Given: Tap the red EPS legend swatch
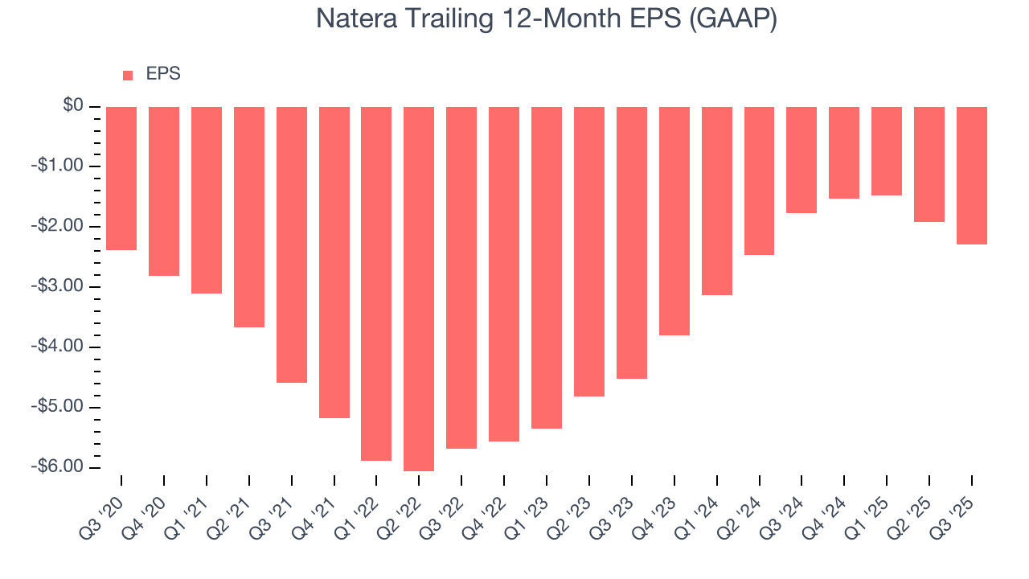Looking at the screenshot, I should coord(128,75).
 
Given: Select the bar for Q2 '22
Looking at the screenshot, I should coord(419,289).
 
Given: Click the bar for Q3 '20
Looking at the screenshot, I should coord(121,179).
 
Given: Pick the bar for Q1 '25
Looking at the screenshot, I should coord(887,151).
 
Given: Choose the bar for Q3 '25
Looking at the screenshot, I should coord(972,175).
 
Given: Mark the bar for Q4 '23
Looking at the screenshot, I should coord(674,221).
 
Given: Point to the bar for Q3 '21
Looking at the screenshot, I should coord(292,244).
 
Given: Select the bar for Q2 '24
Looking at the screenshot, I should coord(759,181).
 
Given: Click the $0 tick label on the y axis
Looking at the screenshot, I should coord(73,106).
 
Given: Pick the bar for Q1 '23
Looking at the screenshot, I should coord(547,268).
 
